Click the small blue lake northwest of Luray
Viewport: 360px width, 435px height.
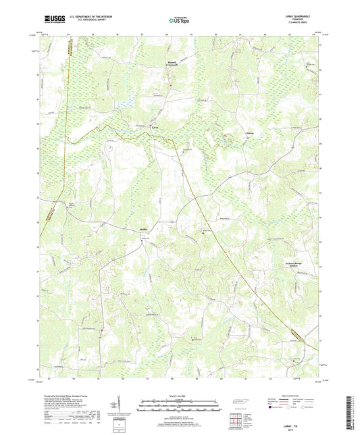pos(126,105)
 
